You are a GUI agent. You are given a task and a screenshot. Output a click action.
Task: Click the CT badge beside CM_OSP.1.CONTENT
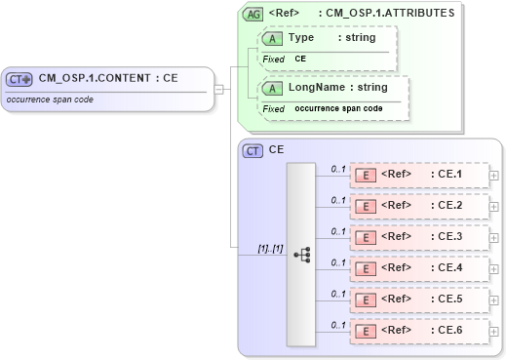point(20,80)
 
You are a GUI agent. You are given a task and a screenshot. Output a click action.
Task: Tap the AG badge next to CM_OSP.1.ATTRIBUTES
point(253,15)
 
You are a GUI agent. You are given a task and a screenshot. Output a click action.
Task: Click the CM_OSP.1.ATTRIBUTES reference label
point(363,15)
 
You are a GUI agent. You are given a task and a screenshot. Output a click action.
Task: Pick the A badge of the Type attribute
point(274,38)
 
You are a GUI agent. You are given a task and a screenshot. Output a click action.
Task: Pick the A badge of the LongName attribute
point(274,89)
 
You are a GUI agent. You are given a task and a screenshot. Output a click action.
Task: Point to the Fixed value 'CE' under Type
point(300,59)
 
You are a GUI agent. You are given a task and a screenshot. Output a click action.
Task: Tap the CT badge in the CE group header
point(253,151)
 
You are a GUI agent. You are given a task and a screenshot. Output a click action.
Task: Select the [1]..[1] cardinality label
point(269,249)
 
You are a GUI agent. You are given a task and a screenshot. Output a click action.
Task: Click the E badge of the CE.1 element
point(366,176)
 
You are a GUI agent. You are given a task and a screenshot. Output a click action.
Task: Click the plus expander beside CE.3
point(494,237)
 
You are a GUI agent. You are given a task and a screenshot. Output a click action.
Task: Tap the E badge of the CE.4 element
point(366,268)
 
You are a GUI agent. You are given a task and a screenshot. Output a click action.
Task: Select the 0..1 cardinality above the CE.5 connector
point(338,293)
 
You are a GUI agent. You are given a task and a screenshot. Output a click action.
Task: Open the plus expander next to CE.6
point(494,331)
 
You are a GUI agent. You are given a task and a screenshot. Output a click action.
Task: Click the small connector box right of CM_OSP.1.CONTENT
point(219,90)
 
